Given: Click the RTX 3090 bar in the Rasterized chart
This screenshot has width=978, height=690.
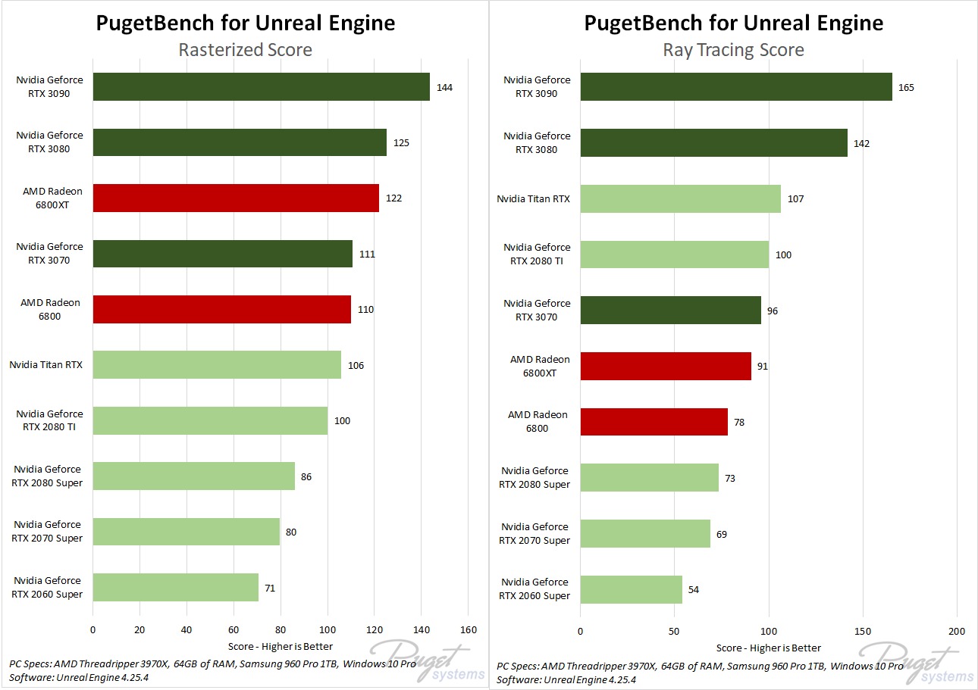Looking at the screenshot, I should (x=261, y=87).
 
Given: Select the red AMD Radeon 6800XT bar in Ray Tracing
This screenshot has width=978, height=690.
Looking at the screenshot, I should (x=666, y=366).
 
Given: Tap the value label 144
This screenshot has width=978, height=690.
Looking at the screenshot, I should (x=444, y=88).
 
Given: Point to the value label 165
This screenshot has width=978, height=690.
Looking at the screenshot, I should (x=906, y=87).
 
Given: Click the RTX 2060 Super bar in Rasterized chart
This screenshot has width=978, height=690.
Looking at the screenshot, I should (x=175, y=587).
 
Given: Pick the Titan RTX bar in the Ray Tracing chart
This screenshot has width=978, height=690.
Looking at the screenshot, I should (x=680, y=198).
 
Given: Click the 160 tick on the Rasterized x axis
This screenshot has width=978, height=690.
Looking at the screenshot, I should (x=468, y=629).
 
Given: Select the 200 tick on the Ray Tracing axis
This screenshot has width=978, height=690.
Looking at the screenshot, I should (x=957, y=631).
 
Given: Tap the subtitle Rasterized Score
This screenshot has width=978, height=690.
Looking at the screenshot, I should (x=245, y=50).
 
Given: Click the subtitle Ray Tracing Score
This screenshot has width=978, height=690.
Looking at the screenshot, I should (x=733, y=50).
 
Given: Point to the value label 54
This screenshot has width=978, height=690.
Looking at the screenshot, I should (x=694, y=589).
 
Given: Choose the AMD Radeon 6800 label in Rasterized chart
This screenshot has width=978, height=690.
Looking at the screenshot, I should (x=50, y=309).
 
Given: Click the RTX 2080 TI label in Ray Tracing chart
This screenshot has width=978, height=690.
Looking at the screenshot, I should (x=537, y=254).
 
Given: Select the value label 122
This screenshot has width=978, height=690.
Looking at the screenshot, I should (x=393, y=198).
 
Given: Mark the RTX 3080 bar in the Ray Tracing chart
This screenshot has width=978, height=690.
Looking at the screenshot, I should (x=713, y=142).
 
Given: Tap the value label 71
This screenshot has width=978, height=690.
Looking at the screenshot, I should (x=271, y=587).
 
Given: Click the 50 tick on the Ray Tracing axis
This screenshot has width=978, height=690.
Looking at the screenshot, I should (x=675, y=631).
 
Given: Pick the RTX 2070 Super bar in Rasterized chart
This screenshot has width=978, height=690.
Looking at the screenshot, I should (x=186, y=532).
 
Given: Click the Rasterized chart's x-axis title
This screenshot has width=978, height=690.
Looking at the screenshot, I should (x=281, y=646).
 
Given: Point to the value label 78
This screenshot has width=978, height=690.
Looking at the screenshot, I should (x=738, y=422).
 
